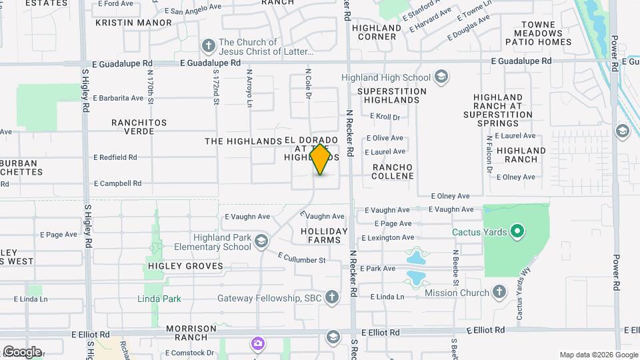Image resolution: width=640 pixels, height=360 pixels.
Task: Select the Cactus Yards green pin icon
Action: click(x=517, y=232)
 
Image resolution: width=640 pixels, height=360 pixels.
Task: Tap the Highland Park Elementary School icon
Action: click(x=261, y=241)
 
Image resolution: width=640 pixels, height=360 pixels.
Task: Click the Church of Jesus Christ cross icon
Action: click(x=208, y=46)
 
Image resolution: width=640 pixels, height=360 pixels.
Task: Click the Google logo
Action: click(x=22, y=351)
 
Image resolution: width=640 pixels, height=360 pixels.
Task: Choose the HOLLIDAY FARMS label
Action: click(x=324, y=235)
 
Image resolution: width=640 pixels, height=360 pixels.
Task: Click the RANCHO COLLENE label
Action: click(x=393, y=171)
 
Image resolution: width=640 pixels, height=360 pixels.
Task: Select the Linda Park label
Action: click(x=159, y=299)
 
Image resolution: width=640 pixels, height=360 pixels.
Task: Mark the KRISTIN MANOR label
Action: click(x=134, y=22)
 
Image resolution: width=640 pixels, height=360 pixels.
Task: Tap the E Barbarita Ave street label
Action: click(x=118, y=98)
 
